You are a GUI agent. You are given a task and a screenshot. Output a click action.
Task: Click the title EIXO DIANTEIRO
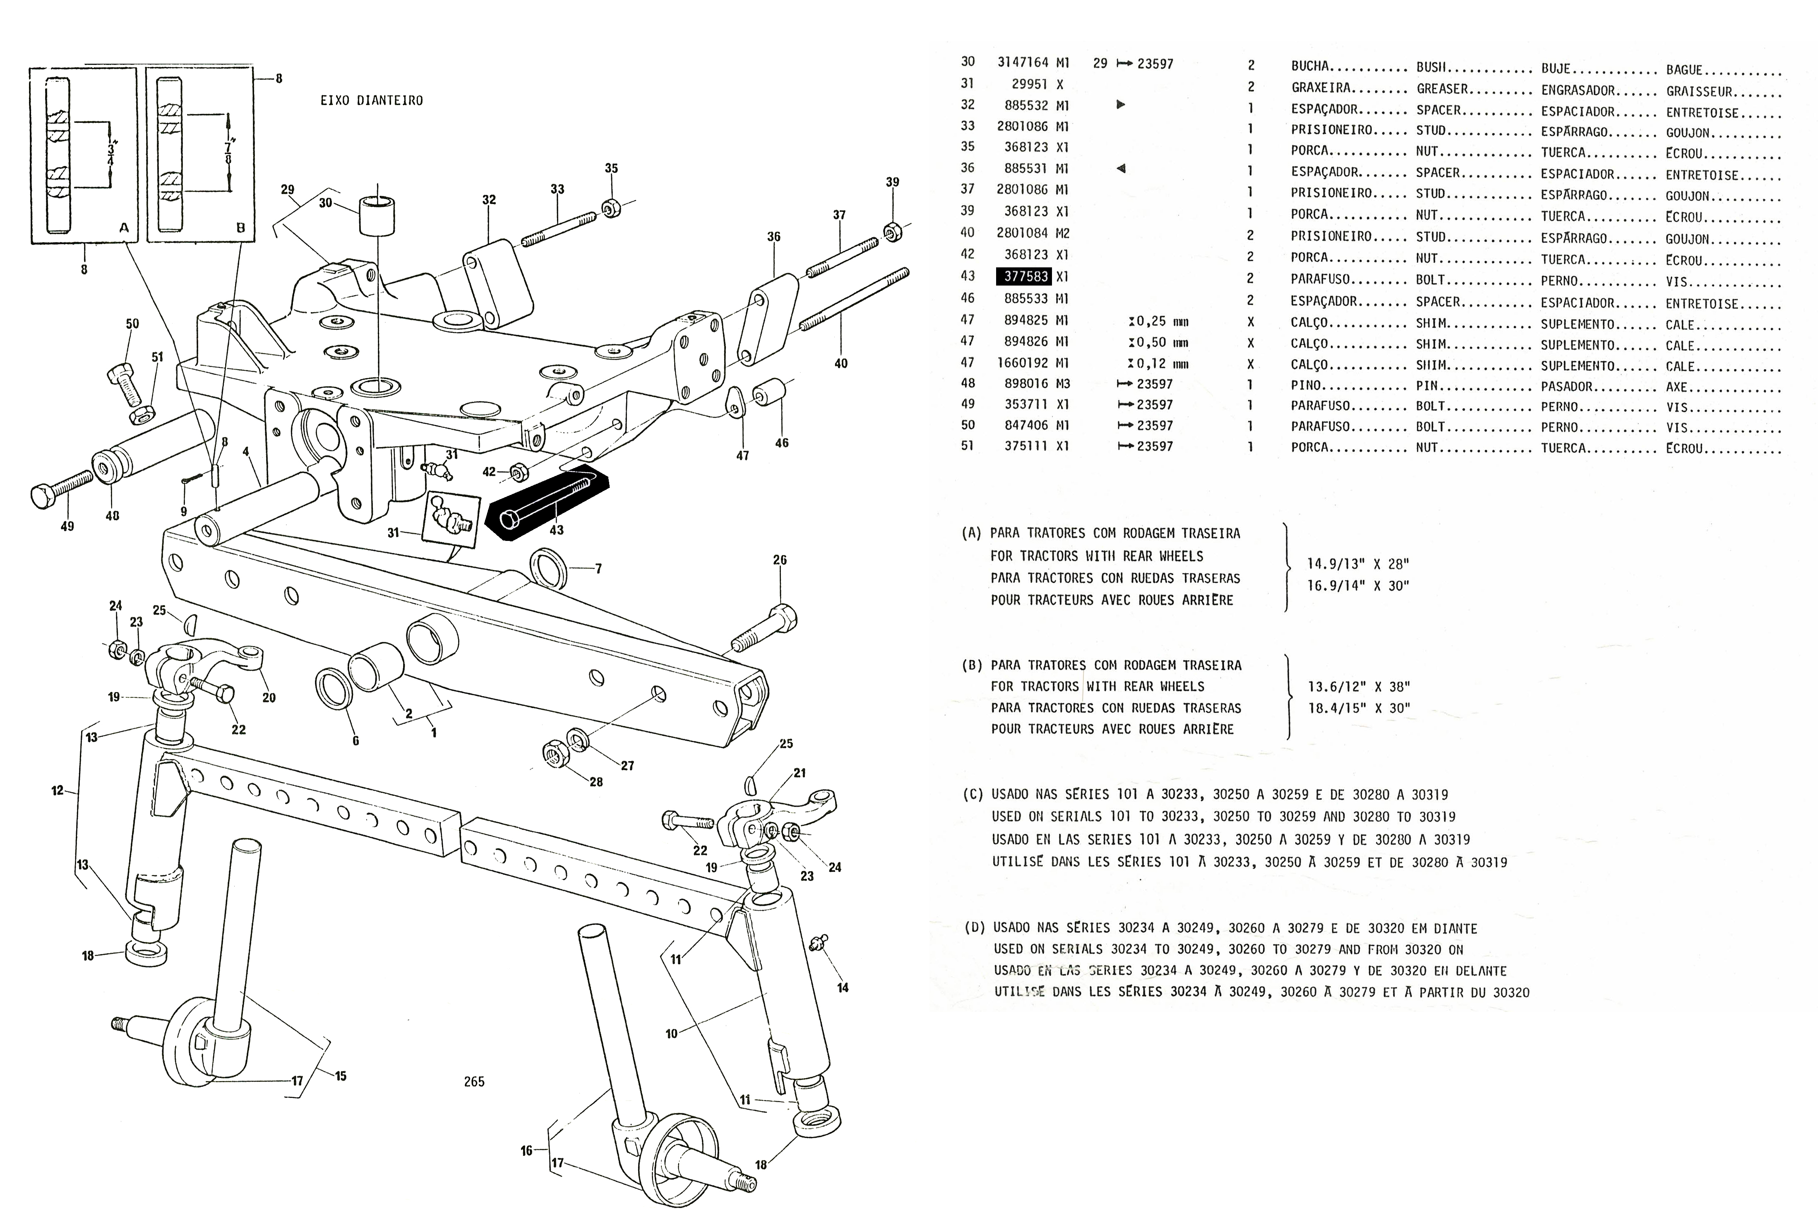point(372,101)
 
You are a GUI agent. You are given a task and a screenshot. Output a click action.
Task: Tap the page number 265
point(474,1081)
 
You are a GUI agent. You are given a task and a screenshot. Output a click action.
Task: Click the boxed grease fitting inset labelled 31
point(451,518)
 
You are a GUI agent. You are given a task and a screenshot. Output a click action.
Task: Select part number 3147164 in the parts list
point(1023,62)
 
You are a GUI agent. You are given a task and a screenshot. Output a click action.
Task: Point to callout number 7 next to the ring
point(598,569)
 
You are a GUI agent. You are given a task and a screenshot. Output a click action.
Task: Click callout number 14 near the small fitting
point(843,987)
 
